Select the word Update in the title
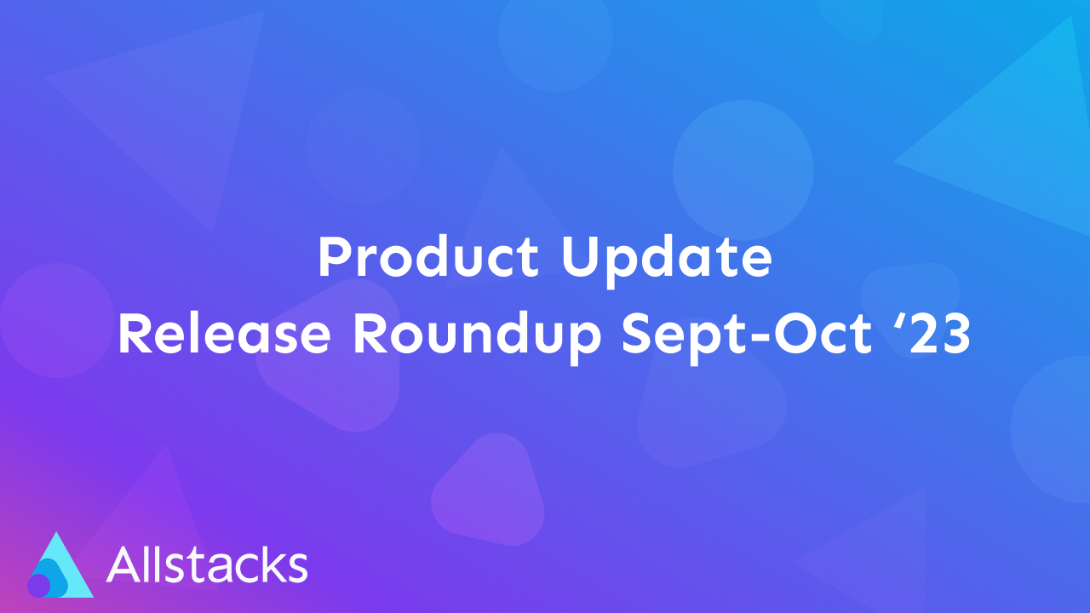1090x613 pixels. click(x=666, y=259)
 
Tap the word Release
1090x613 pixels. click(x=224, y=334)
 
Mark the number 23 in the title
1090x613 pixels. click(x=936, y=334)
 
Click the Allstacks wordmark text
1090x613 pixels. click(x=207, y=564)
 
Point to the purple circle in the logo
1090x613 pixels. click(x=39, y=585)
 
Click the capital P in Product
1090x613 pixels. click(x=333, y=257)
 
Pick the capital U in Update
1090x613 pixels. click(x=579, y=257)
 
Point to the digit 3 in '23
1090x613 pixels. click(x=953, y=334)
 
